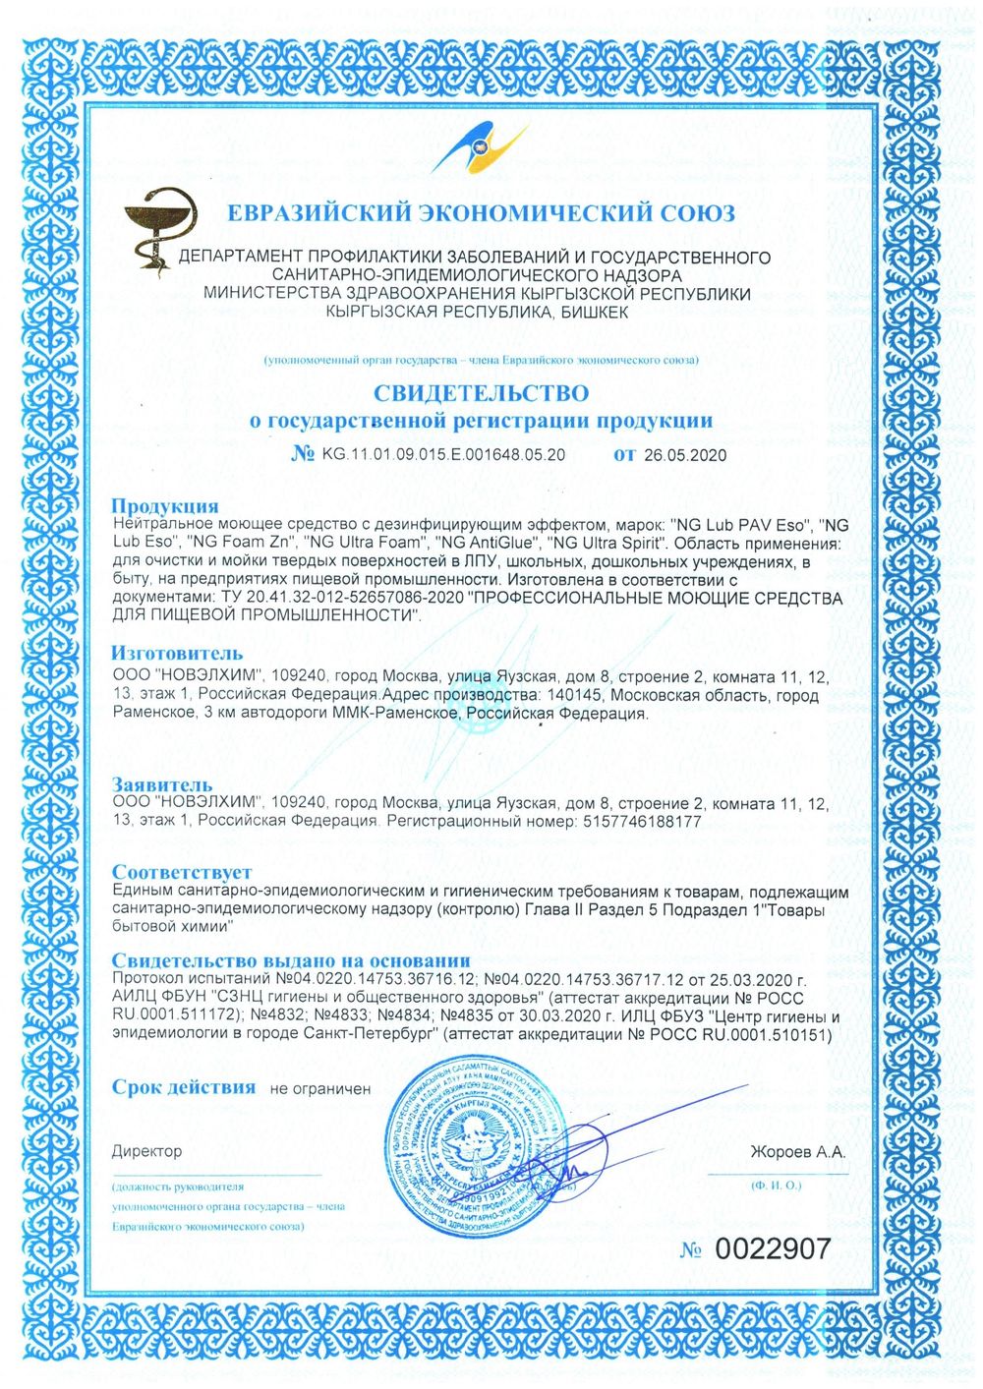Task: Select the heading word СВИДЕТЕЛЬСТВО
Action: [481, 393]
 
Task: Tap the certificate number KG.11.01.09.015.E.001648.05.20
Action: [443, 455]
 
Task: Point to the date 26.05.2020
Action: [685, 455]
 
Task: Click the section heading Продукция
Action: [164, 505]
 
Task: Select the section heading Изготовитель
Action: [176, 653]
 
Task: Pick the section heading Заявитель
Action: [161, 784]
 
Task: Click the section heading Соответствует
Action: [181, 872]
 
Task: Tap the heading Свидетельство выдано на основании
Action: [290, 960]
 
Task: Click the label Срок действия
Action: [183, 1087]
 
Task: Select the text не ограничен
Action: [320, 1089]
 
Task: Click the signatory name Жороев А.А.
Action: [797, 1152]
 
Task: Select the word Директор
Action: [146, 1151]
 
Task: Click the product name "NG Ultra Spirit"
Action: [609, 542]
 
